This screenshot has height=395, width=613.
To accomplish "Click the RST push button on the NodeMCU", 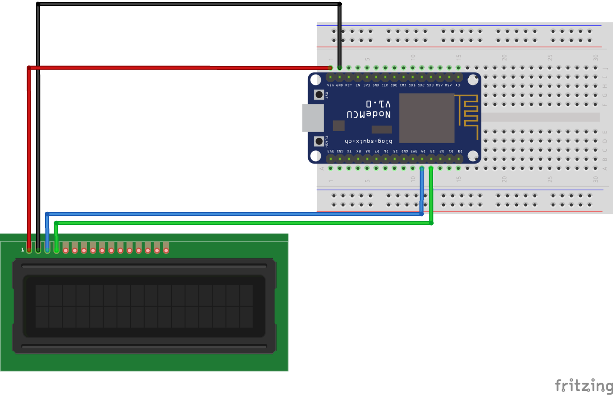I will [x=319, y=95].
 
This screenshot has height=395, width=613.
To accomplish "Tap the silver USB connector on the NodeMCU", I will [x=312, y=118].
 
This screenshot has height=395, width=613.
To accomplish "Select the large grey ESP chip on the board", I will [x=427, y=118].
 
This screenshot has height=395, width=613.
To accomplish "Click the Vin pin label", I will [x=330, y=85].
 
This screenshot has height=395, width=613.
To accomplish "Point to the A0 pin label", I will [x=458, y=85].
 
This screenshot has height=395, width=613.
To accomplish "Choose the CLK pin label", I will [x=385, y=85].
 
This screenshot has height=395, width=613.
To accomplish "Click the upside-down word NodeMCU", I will [x=368, y=114].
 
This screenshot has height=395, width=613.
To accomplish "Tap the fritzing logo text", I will [x=583, y=385].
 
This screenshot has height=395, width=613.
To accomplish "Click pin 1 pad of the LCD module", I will [x=29, y=250].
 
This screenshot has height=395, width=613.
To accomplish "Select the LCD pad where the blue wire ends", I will [x=47, y=250].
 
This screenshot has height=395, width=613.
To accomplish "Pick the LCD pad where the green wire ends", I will [x=57, y=250].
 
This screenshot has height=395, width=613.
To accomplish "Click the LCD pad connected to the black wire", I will [x=38, y=250].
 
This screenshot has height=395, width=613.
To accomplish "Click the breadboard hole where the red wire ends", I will [x=330, y=68].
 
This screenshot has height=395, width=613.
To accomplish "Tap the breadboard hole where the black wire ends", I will [x=339, y=68].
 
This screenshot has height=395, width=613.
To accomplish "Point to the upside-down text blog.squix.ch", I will [x=368, y=141].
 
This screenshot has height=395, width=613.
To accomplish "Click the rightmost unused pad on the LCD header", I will [x=166, y=250].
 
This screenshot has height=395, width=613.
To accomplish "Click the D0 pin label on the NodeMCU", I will [x=460, y=151].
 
